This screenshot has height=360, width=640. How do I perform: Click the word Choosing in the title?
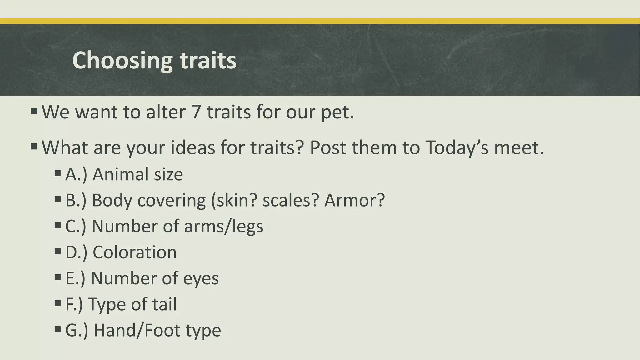point(122,61)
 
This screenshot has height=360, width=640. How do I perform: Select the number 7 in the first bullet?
point(196,112)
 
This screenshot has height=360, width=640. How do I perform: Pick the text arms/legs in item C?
point(223,226)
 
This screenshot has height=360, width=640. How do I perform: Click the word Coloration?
point(135,252)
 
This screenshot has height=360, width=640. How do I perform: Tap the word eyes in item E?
point(201,278)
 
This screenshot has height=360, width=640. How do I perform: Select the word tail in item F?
point(164,304)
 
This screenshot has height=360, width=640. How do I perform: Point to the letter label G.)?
point(77,330)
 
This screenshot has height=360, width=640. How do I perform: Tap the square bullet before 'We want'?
point(34,111)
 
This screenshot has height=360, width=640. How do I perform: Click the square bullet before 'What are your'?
point(34,146)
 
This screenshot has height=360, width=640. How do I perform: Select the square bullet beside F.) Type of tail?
point(57,303)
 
